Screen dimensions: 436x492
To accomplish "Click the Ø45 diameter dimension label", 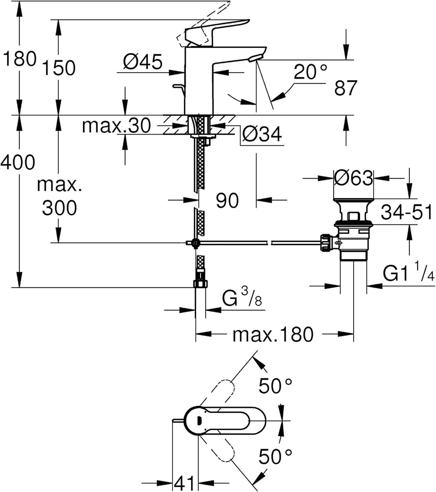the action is click(143, 62).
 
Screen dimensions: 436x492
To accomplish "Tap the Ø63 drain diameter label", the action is click(354, 178).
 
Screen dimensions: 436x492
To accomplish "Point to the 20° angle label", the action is click(310, 72).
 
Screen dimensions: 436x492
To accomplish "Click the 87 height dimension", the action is click(346, 88).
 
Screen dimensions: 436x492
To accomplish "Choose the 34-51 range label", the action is click(406, 212).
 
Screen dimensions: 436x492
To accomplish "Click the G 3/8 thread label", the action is click(242, 297).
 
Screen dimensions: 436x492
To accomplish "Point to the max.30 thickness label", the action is click(116, 126).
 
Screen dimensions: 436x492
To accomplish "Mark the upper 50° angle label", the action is click(275, 386).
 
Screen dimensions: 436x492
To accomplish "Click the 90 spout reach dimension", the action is click(227, 201).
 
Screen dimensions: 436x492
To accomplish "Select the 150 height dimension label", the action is click(58, 68).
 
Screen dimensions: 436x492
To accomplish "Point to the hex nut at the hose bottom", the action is click(201, 283).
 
